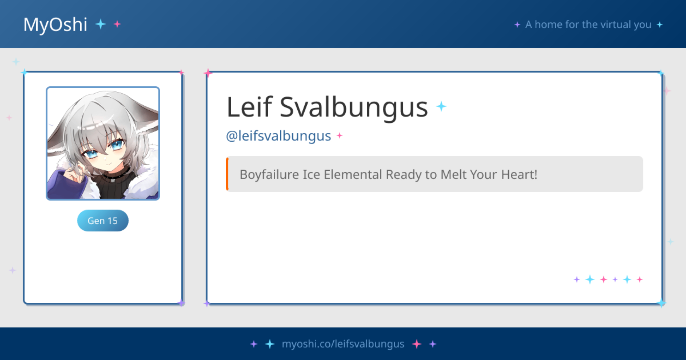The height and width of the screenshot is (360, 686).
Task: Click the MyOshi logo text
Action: (55, 25)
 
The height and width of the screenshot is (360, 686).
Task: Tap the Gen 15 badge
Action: (103, 220)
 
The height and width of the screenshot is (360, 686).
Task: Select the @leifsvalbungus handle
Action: (279, 136)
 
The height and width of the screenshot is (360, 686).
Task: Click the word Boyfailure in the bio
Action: (269, 175)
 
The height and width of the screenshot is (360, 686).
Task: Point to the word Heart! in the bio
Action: (519, 175)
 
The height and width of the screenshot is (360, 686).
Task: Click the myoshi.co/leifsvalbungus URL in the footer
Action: (343, 344)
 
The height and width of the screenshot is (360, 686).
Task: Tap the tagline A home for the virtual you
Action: (588, 24)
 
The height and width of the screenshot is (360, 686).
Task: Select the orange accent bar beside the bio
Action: (227, 174)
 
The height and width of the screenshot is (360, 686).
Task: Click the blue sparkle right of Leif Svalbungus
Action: (441, 107)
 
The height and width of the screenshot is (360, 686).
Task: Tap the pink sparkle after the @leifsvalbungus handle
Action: (340, 136)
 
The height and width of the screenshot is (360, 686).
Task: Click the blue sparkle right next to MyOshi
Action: (100, 24)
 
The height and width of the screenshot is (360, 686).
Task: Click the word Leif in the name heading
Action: (250, 107)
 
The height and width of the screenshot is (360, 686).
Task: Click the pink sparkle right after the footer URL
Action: (417, 344)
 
